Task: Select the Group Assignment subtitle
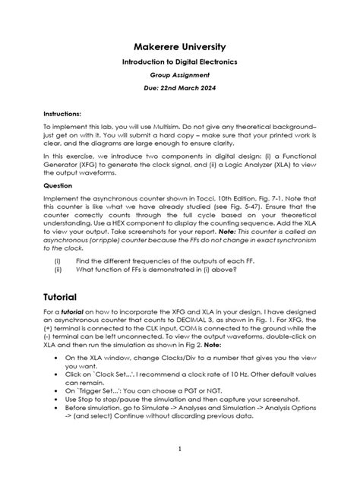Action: (179, 75)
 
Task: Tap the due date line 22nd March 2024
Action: (179, 90)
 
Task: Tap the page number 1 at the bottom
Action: (179, 449)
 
